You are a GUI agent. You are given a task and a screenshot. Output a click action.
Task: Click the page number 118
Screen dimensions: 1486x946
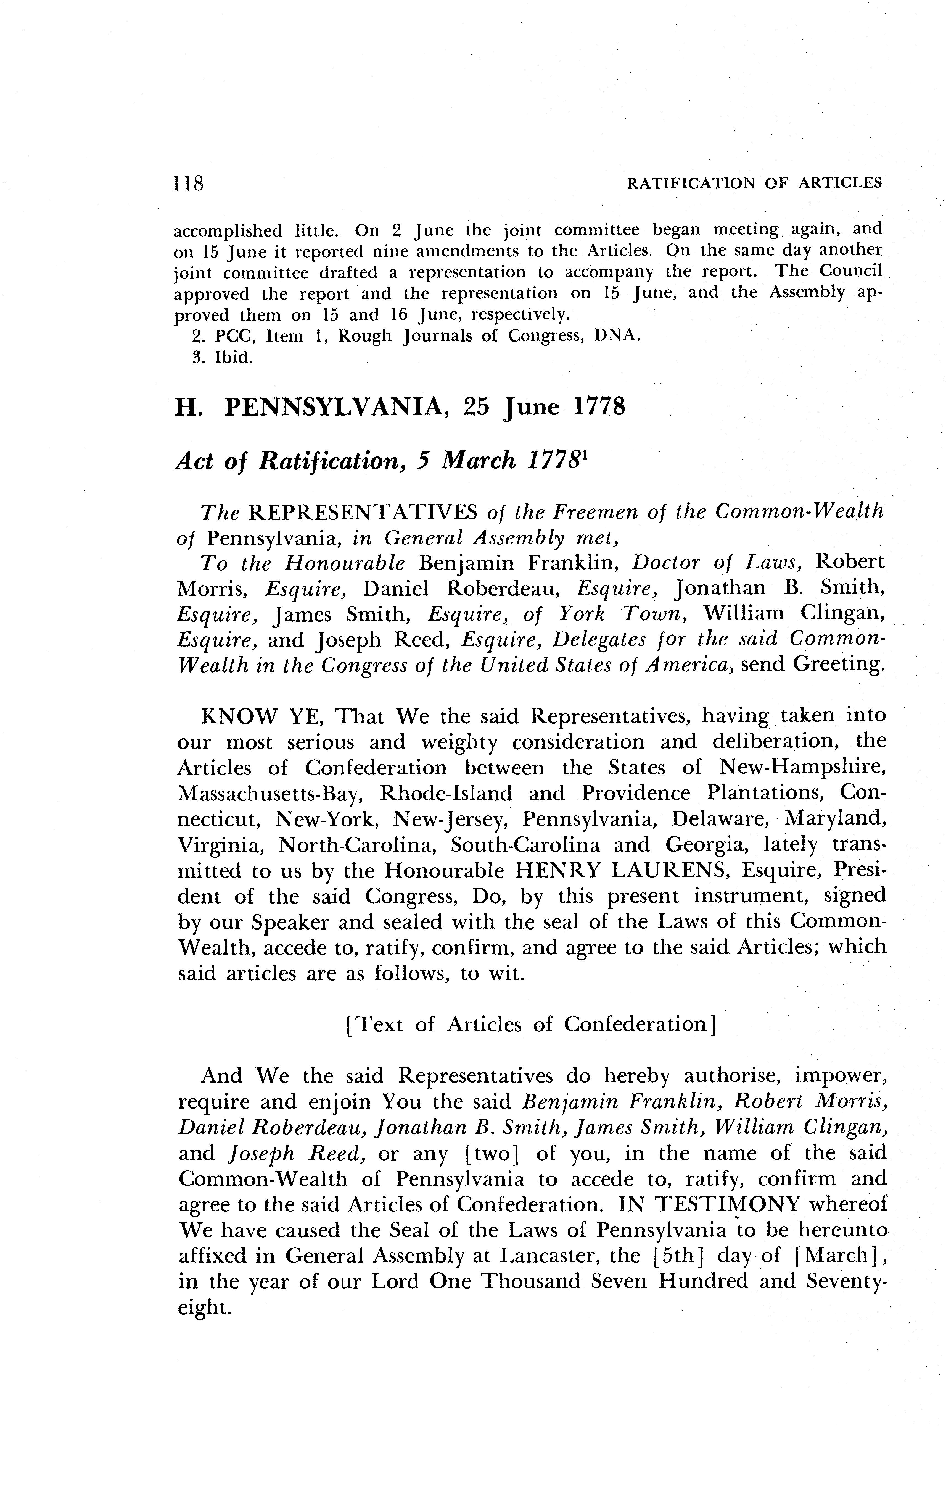click(x=189, y=183)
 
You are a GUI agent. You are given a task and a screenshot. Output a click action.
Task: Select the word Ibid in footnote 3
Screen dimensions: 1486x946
click(x=232, y=358)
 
